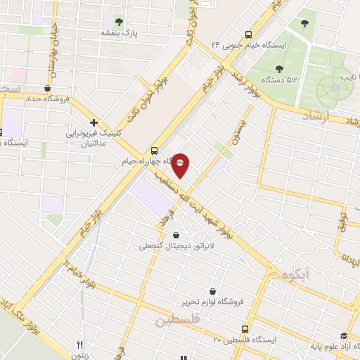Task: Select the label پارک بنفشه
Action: [117, 33]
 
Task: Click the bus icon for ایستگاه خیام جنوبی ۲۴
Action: [248, 34]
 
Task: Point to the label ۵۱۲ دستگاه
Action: [281, 79]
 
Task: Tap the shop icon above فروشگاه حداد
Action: [47, 89]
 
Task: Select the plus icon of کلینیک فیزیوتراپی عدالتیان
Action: [94, 122]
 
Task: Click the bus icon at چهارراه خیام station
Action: [154, 150]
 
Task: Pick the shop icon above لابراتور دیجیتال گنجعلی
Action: [175, 235]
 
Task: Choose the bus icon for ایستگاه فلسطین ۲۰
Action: [245, 328]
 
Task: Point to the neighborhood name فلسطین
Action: [177, 319]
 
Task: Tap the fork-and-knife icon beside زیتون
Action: [79, 345]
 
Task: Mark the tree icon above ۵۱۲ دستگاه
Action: [280, 68]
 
